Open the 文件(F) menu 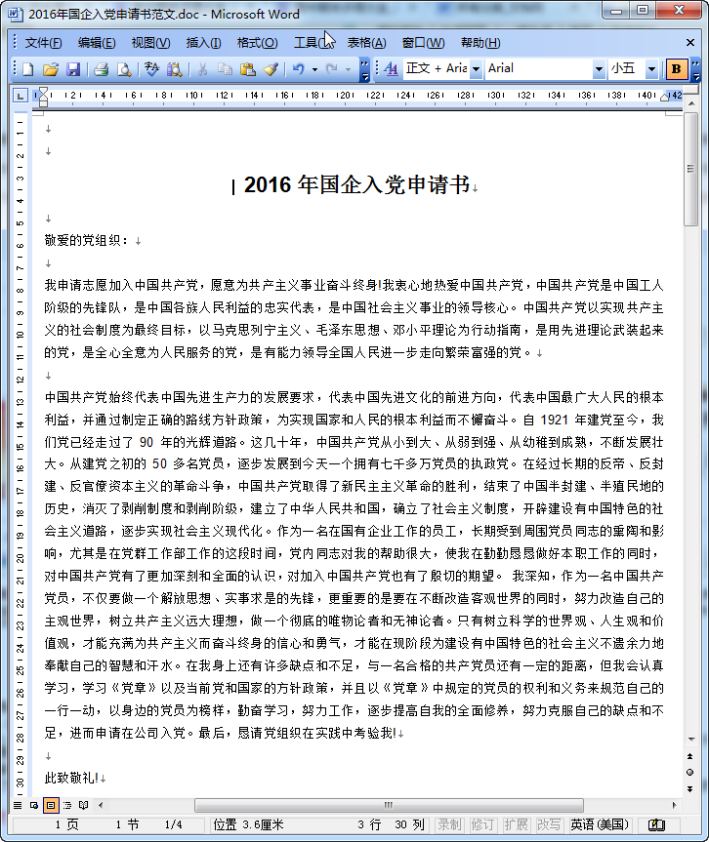tap(43, 43)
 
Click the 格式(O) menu tap(257, 43)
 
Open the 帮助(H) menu tap(480, 43)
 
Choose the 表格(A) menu tap(366, 43)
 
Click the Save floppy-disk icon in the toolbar tap(72, 69)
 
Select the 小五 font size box tap(624, 68)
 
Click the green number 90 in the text tap(147, 441)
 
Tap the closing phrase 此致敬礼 tap(71, 778)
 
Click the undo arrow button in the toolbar tap(299, 69)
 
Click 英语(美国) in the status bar tap(600, 824)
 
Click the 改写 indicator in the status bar tap(549, 824)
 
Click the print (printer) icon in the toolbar tap(101, 69)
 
